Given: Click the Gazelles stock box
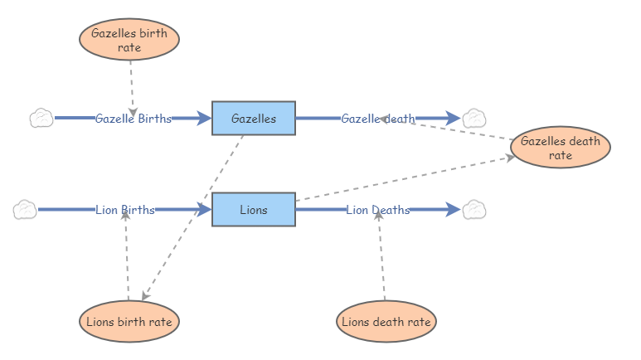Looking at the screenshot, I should click(x=254, y=119).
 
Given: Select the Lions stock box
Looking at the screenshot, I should click(x=254, y=210).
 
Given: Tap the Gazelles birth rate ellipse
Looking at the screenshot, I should click(x=129, y=40).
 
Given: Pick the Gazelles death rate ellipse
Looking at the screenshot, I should click(x=561, y=148).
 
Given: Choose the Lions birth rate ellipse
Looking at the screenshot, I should click(x=129, y=321).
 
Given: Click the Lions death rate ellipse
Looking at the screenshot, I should click(x=386, y=321).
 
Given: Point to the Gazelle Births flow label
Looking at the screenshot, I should click(x=133, y=119).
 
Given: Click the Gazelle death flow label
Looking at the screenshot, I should click(x=378, y=119).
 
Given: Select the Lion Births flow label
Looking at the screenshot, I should click(x=125, y=210).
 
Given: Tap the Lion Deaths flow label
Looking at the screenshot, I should click(x=378, y=210).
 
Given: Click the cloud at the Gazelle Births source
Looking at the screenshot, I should click(x=41, y=119).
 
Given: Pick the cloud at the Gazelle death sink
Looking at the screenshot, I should click(x=474, y=119).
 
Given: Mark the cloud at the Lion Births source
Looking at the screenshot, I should click(x=25, y=210).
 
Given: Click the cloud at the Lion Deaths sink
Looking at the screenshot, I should click(x=474, y=210).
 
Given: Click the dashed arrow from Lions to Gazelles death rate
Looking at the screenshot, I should click(x=406, y=178).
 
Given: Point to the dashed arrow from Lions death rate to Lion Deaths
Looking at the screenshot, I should click(x=381, y=257).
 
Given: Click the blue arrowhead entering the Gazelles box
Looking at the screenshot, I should click(x=203, y=119).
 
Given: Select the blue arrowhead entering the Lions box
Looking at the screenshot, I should click(x=203, y=210).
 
